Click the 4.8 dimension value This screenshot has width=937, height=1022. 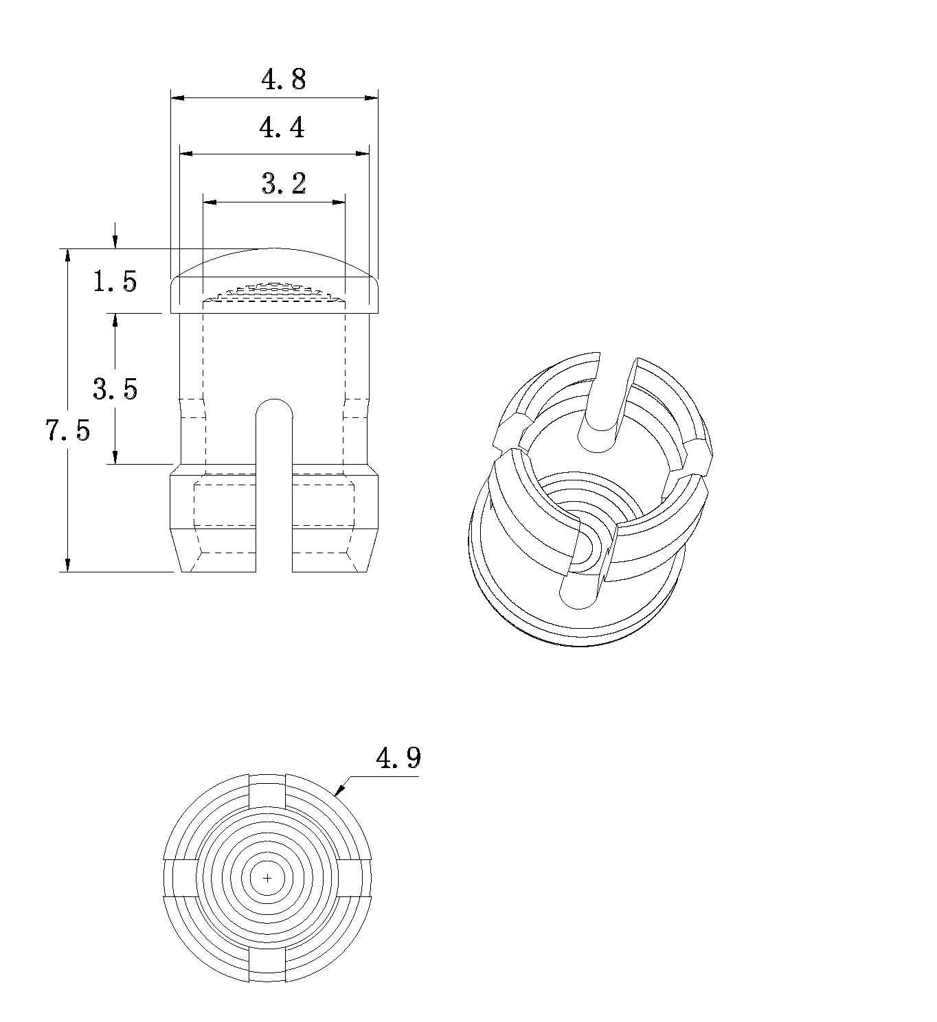click(x=284, y=80)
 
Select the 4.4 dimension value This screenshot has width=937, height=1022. click(x=282, y=128)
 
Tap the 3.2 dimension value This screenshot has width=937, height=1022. click(x=284, y=183)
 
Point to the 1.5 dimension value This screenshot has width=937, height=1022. click(x=115, y=281)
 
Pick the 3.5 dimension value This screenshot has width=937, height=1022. click(x=115, y=388)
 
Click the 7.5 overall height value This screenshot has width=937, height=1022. click(x=68, y=430)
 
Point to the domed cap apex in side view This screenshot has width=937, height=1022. click(x=274, y=248)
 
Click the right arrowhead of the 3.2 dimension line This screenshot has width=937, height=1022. click(x=339, y=202)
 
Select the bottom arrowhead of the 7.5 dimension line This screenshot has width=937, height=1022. click(x=67, y=566)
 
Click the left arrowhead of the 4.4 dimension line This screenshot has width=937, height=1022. click(x=186, y=153)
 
